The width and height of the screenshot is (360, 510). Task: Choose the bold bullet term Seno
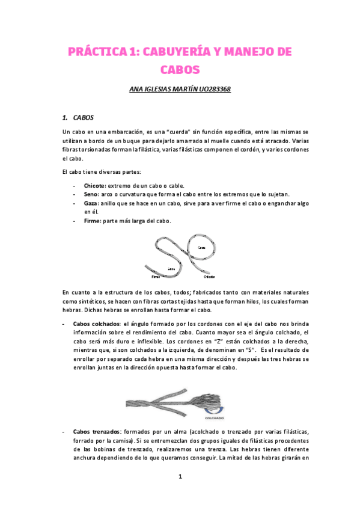(x=91, y=194)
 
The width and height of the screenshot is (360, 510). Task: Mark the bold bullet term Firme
(x=93, y=221)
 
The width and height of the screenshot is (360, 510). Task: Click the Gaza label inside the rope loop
(x=201, y=248)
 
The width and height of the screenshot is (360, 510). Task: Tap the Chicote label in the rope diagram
(x=210, y=277)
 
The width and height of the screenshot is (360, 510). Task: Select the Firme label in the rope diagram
(x=156, y=277)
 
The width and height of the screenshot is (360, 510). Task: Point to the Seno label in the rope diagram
(x=172, y=268)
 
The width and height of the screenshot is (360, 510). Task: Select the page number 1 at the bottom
(x=180, y=476)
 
